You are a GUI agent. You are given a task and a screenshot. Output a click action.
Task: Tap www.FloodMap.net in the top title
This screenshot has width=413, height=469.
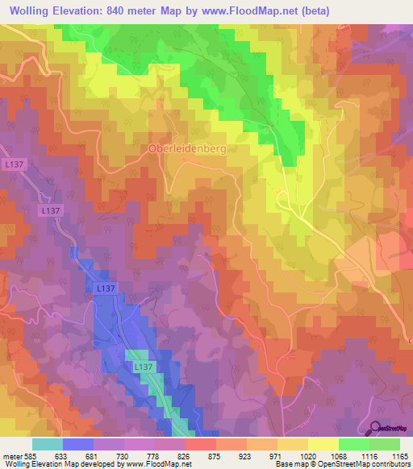tap(247, 10)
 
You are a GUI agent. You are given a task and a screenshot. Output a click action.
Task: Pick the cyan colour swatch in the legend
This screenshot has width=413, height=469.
tap(48, 444)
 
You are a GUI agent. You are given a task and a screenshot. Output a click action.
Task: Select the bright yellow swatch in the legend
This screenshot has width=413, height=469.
tap(323, 444)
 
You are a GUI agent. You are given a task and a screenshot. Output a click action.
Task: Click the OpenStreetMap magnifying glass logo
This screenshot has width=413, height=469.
tap(373, 427)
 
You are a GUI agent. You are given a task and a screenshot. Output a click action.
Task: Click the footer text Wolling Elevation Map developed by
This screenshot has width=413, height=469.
tap(57, 463)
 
